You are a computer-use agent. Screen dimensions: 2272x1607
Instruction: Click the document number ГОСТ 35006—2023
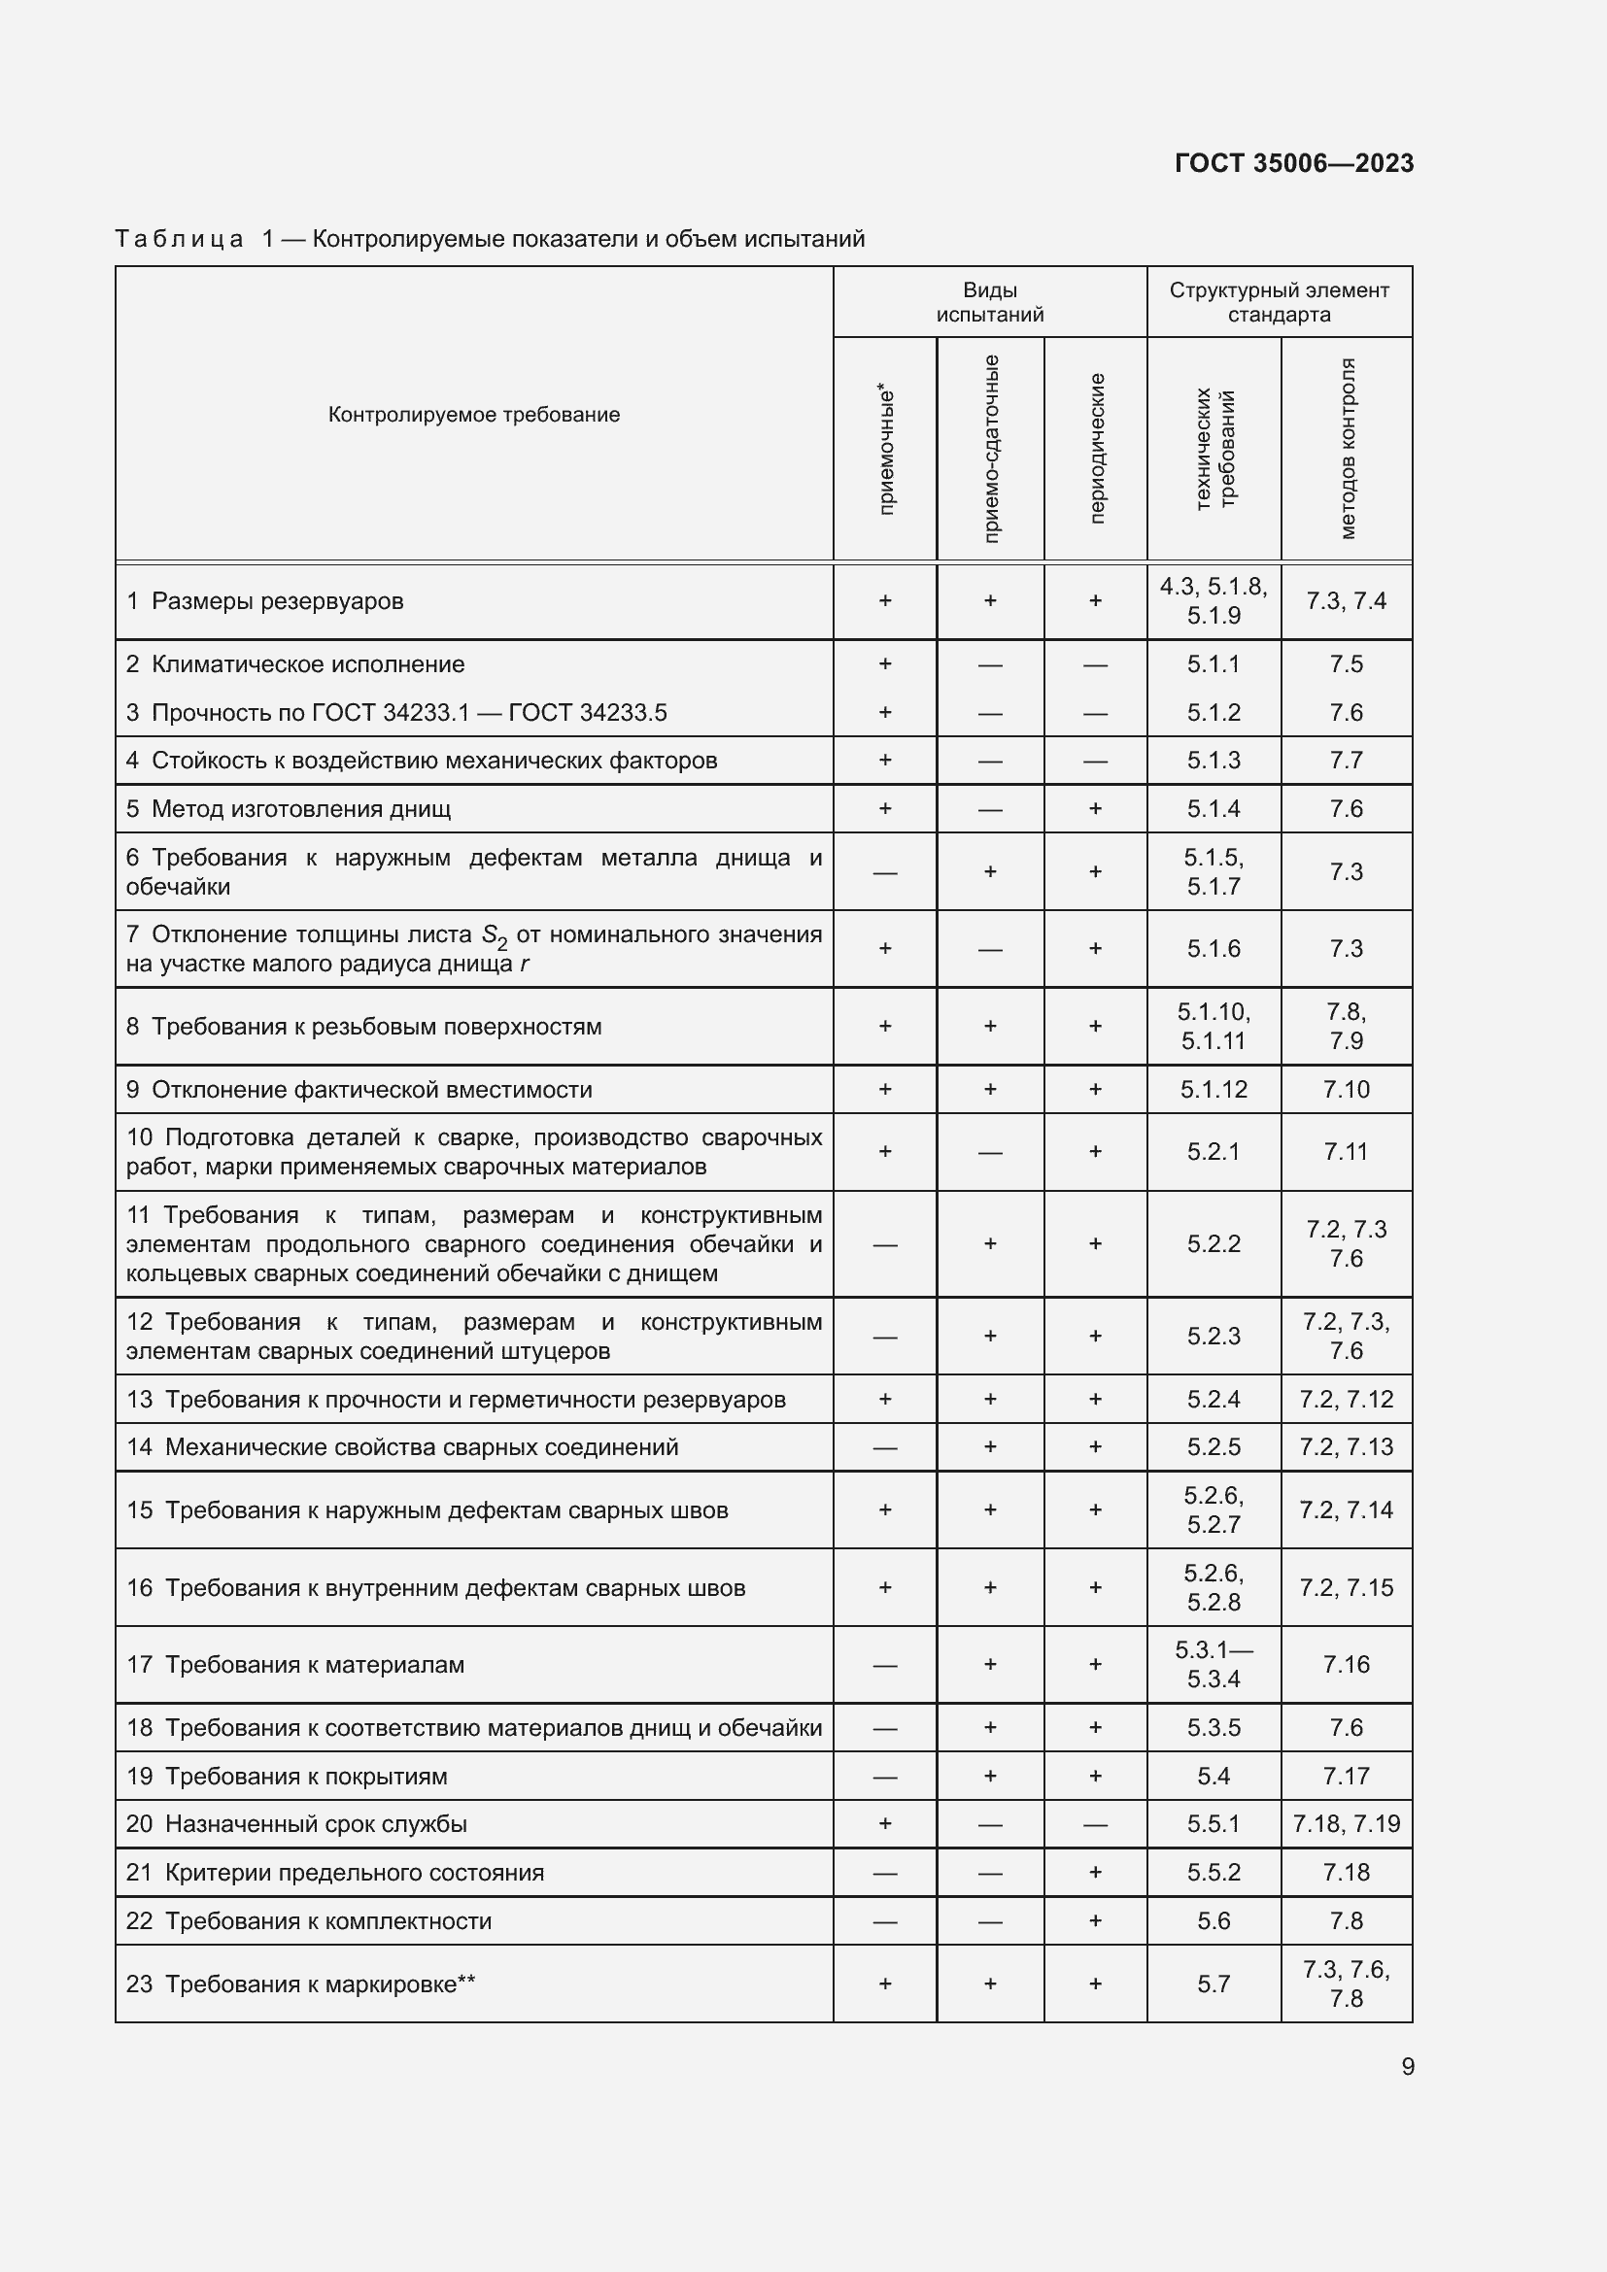1293,163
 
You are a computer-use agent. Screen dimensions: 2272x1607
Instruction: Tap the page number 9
1407,2066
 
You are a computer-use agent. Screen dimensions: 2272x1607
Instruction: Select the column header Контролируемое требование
474,415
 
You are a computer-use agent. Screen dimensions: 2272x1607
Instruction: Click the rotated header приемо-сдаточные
990,448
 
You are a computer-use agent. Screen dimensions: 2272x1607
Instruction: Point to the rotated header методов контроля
1347,448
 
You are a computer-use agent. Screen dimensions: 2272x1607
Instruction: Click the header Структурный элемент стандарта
1279,302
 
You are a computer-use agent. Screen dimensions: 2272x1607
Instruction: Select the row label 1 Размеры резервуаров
265,601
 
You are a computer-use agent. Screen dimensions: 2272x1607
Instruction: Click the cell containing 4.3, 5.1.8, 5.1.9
1214,600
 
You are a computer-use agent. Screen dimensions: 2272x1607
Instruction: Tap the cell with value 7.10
1346,1090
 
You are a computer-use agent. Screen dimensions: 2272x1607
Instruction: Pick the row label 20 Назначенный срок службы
297,1824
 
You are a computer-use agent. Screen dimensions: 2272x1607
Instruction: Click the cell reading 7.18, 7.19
1346,1824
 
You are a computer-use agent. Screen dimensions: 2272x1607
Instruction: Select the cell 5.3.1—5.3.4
1214,1665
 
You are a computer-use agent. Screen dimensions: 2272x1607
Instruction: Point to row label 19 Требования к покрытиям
287,1777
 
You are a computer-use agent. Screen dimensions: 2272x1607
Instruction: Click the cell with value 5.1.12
1214,1090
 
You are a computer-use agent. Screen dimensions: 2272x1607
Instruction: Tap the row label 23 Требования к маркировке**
301,1984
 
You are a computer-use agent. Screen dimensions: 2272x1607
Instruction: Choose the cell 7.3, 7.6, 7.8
1346,1984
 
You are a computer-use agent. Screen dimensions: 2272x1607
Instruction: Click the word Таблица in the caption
179,240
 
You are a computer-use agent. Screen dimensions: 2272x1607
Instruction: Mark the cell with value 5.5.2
1214,1872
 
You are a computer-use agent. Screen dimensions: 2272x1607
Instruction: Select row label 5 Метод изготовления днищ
288,809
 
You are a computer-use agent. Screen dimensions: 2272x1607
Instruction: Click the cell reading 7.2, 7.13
1346,1446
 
